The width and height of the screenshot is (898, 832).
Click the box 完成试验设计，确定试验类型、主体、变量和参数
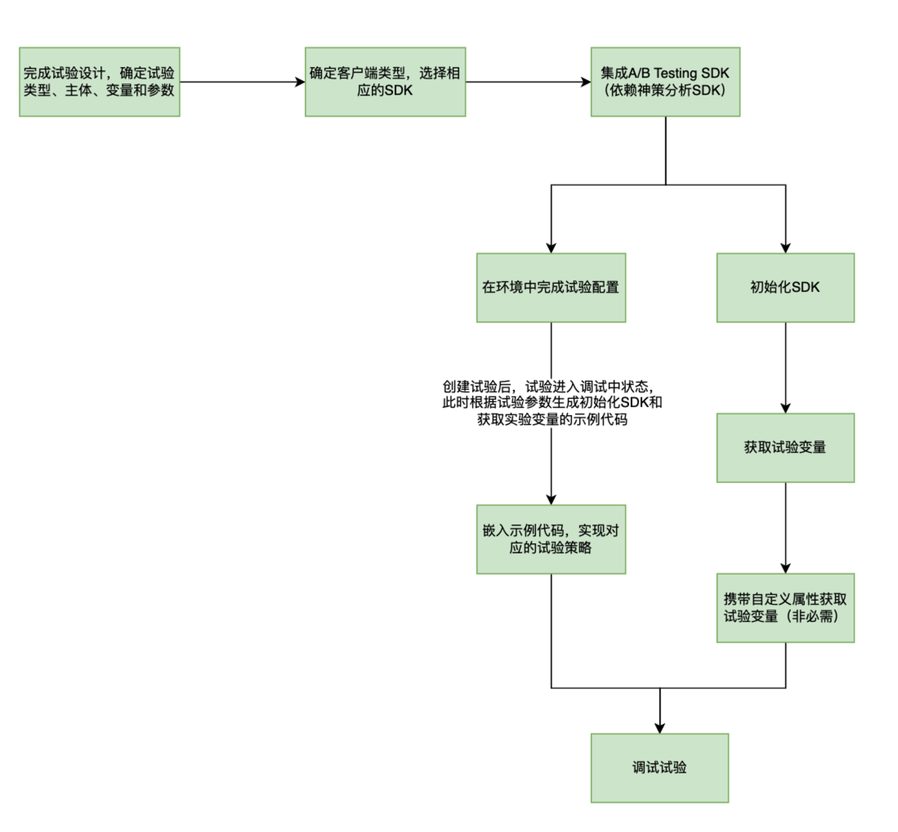click(99, 82)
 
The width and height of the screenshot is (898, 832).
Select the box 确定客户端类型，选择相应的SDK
click(385, 82)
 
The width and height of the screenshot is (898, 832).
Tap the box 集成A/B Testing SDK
click(665, 82)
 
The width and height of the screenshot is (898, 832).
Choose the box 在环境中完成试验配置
click(551, 288)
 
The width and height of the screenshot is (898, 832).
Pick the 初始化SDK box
click(785, 288)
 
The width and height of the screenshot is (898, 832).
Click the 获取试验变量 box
click(785, 447)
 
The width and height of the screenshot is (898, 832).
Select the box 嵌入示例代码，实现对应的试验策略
click(551, 539)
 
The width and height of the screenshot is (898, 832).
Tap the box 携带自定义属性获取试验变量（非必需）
click(785, 606)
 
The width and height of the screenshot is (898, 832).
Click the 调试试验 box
click(659, 767)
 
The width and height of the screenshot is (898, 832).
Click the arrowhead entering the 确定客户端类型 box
click(299, 82)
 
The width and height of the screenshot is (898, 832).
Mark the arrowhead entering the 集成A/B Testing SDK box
click(585, 82)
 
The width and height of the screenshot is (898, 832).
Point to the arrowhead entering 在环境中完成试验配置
click(551, 247)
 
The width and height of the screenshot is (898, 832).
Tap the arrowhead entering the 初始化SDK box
click(785, 247)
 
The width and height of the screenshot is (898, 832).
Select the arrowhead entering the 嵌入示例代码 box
click(551, 499)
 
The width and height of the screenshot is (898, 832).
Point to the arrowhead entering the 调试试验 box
click(659, 727)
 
